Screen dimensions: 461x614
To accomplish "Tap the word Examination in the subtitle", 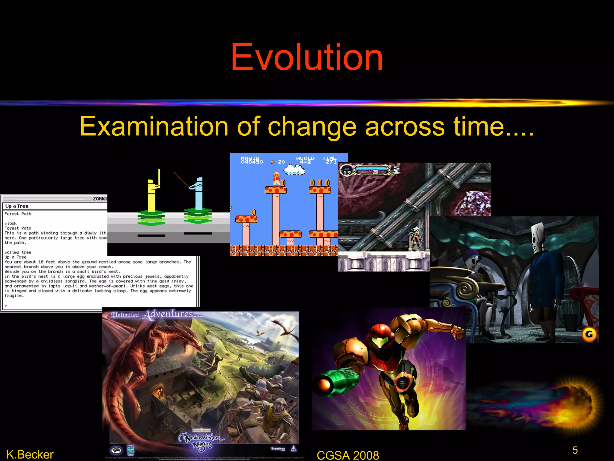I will (154, 127).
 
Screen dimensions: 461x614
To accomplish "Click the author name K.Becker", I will (30, 454).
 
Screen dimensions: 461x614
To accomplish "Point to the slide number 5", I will (575, 450).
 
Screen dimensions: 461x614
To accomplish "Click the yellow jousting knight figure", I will (152, 195).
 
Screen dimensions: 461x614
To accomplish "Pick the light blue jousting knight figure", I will (198, 195).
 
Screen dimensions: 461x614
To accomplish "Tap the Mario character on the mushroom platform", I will (276, 179).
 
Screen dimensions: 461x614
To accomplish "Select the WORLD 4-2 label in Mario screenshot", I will (305, 160).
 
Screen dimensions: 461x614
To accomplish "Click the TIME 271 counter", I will (329, 160).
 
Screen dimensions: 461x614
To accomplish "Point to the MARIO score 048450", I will (252, 160).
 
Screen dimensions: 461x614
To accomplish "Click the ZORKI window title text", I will (100, 199).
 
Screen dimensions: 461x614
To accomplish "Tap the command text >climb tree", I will (18, 252).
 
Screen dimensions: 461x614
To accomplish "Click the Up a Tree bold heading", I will (17, 206).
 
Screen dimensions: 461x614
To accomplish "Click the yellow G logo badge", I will (589, 334).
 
